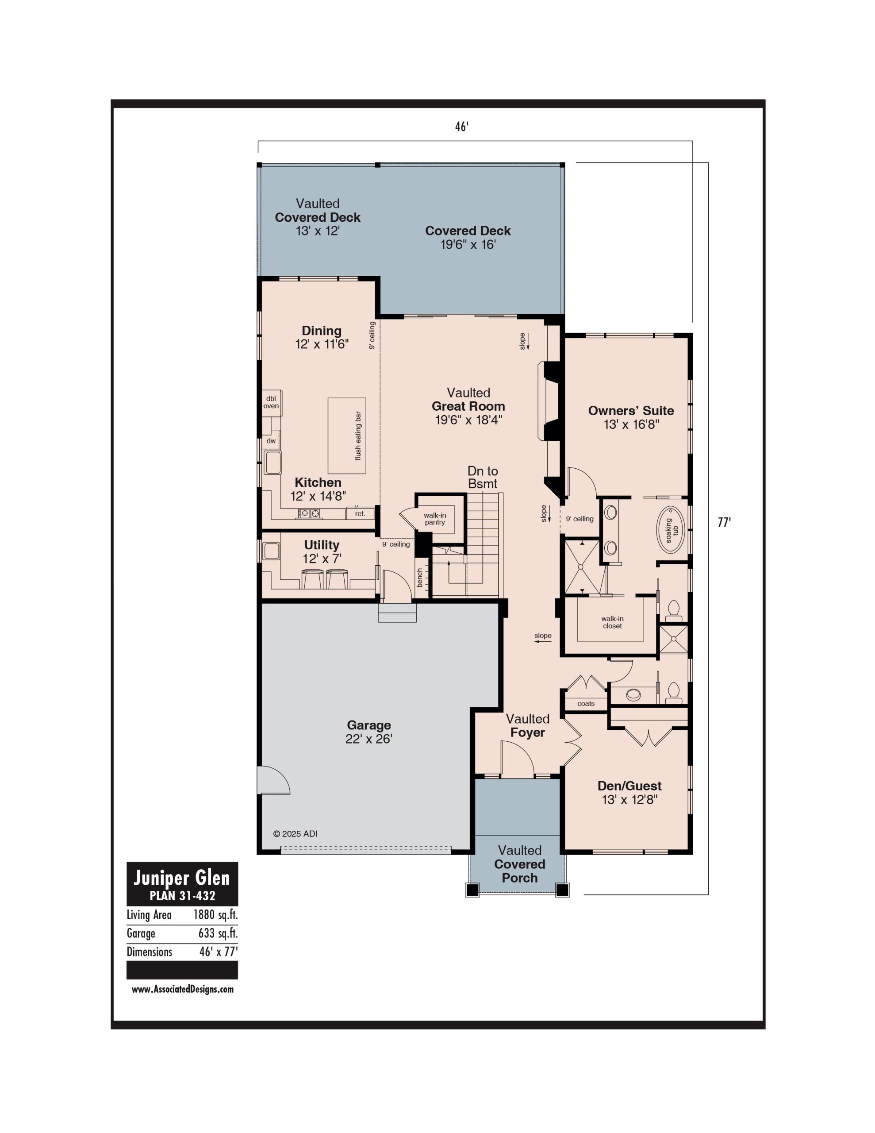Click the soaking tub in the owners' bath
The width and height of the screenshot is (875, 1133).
click(671, 530)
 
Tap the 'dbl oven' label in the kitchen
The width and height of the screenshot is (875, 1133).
click(271, 402)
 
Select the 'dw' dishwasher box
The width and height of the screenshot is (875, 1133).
click(271, 441)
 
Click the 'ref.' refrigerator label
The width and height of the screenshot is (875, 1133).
click(360, 513)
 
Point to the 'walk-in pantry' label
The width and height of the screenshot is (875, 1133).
click(435, 519)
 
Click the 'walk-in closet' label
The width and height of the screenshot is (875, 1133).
click(613, 622)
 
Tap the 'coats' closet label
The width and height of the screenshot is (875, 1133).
click(586, 703)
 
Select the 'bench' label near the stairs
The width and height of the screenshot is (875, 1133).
click(420, 578)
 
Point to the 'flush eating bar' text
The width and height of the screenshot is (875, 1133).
click(358, 436)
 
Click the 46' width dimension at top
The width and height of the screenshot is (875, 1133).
click(462, 127)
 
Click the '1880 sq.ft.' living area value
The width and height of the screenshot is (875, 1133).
click(215, 915)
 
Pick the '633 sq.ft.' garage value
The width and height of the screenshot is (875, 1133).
click(218, 933)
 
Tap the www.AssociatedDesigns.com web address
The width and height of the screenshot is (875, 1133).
click(183, 989)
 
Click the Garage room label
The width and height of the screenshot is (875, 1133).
click(369, 725)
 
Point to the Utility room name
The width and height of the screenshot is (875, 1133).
click(322, 545)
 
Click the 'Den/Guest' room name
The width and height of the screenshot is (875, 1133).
click(629, 786)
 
